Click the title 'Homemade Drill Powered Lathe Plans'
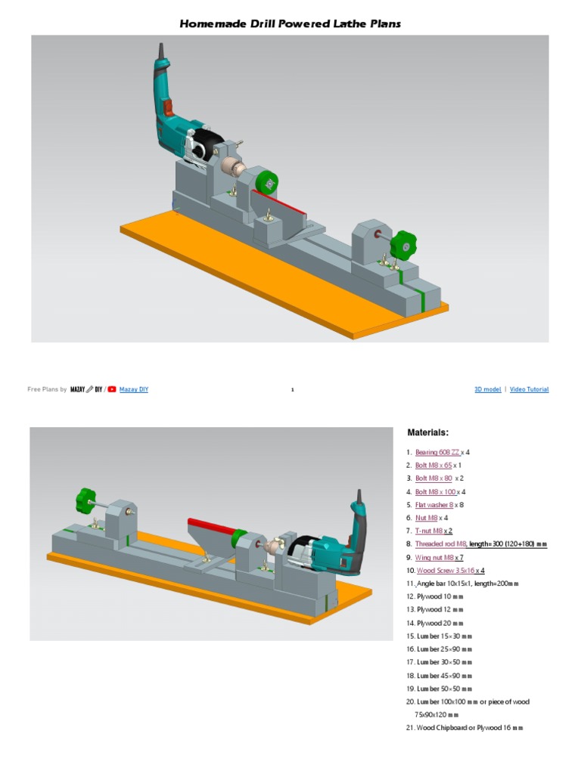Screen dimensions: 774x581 coord(290,24)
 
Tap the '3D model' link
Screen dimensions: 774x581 coord(487,389)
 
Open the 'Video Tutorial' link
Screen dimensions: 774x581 coord(529,389)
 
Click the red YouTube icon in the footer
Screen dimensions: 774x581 coord(112,389)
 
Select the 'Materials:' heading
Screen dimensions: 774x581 coord(428,433)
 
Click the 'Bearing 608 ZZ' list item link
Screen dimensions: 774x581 coord(437,452)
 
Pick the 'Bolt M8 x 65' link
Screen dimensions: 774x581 coord(433,466)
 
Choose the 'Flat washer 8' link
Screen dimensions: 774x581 coord(434,505)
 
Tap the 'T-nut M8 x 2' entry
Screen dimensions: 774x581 coord(433,531)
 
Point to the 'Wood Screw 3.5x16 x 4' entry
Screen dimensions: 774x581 coord(450,571)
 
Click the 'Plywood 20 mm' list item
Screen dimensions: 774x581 coord(440,623)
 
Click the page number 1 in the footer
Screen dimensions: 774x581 coord(291,390)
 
